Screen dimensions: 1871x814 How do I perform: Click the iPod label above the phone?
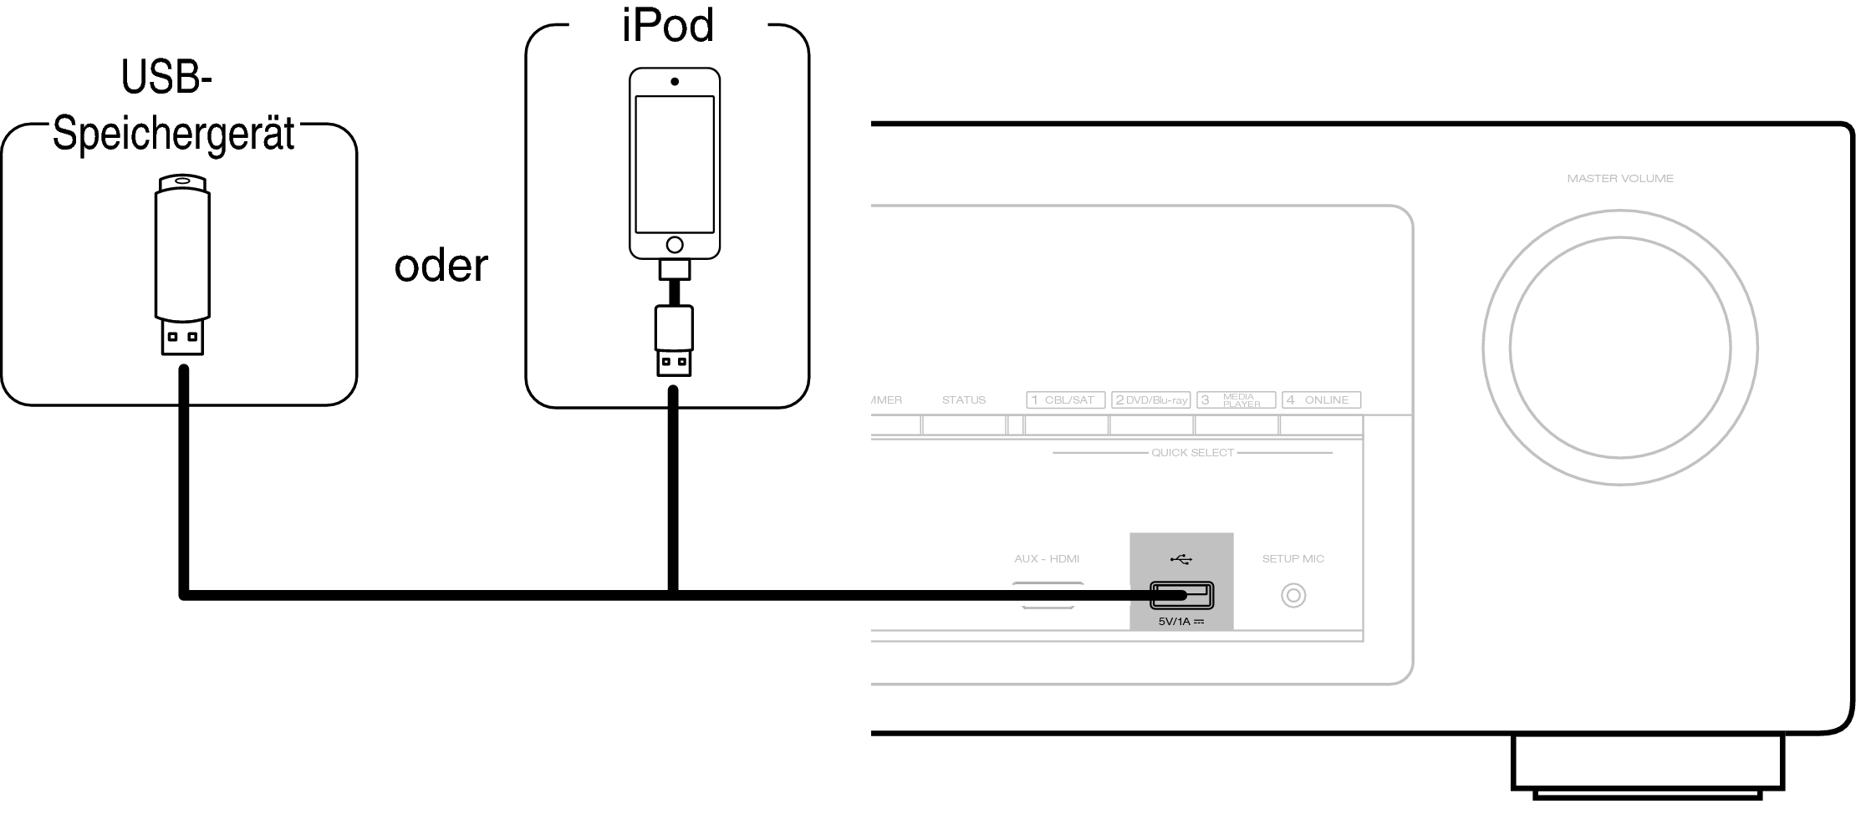(x=668, y=25)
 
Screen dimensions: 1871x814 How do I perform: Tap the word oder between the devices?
(x=441, y=266)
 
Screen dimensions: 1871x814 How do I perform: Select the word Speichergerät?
(x=174, y=134)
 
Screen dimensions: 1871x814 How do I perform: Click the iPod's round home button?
(x=675, y=245)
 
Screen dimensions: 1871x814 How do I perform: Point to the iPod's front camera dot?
(x=675, y=82)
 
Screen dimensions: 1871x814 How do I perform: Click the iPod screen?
(x=675, y=165)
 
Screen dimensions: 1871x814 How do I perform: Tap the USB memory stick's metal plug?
(x=182, y=338)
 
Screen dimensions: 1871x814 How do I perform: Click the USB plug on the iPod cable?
(x=674, y=363)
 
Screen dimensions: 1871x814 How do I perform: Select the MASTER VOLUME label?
(x=1620, y=178)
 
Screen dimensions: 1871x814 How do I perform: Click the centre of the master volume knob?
(x=1620, y=348)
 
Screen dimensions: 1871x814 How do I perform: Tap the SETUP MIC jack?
(x=1293, y=596)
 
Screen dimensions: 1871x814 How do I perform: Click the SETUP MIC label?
(x=1293, y=558)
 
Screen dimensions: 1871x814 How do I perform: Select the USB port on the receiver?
(x=1182, y=595)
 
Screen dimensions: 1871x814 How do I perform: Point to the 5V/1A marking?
(x=1181, y=622)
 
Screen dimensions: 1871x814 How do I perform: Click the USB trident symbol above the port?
(x=1181, y=559)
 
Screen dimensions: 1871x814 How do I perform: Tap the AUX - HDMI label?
(x=1047, y=558)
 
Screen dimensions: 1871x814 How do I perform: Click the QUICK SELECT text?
(x=1192, y=453)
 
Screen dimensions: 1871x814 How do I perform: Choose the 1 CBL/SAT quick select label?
(x=1066, y=400)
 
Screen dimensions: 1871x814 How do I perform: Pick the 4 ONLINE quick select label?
(x=1321, y=400)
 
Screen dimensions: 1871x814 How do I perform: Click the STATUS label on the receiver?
(x=964, y=400)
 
